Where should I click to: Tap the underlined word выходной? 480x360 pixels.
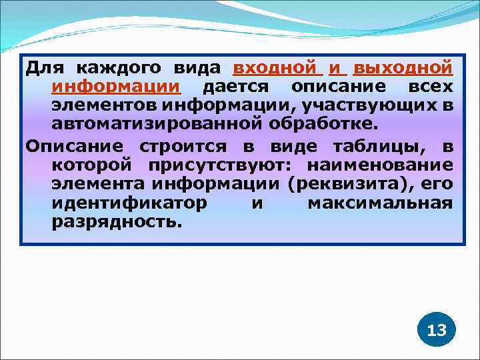(x=403, y=68)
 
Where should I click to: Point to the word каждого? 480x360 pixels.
(x=117, y=68)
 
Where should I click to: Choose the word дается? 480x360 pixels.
(x=235, y=87)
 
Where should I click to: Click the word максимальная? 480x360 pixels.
(x=380, y=202)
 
